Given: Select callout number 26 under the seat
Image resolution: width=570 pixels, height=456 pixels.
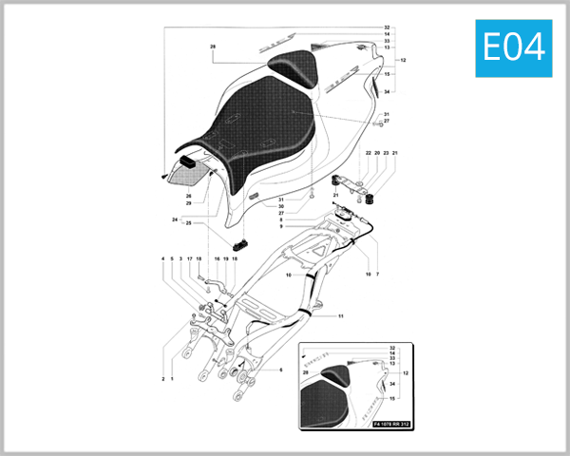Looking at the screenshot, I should click(x=188, y=196).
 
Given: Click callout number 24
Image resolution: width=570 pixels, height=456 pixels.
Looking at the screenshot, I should click(x=175, y=220).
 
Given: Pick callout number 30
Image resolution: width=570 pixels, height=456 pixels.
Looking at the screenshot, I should click(x=281, y=206).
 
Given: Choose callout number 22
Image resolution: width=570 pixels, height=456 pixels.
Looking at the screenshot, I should click(x=367, y=153).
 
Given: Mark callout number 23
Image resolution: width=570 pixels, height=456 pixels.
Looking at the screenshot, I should click(x=386, y=153).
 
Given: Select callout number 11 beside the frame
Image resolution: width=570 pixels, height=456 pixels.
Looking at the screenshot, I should click(x=340, y=315).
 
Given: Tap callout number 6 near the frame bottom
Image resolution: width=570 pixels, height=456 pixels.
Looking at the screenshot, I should click(x=281, y=369).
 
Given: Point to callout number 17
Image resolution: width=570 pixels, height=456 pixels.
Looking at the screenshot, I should click(x=190, y=258).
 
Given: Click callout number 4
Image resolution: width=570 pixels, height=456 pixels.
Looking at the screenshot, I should click(x=162, y=258).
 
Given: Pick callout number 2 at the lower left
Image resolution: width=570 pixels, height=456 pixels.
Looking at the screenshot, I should click(x=162, y=378).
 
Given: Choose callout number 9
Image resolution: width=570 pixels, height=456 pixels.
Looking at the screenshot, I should click(x=281, y=226).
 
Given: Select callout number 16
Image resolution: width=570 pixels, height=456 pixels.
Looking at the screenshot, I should click(x=217, y=258).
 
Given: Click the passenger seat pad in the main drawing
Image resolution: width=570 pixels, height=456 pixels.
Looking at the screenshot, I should click(x=294, y=66).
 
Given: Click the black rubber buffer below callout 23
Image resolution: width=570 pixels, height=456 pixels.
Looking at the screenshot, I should click(x=372, y=199).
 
